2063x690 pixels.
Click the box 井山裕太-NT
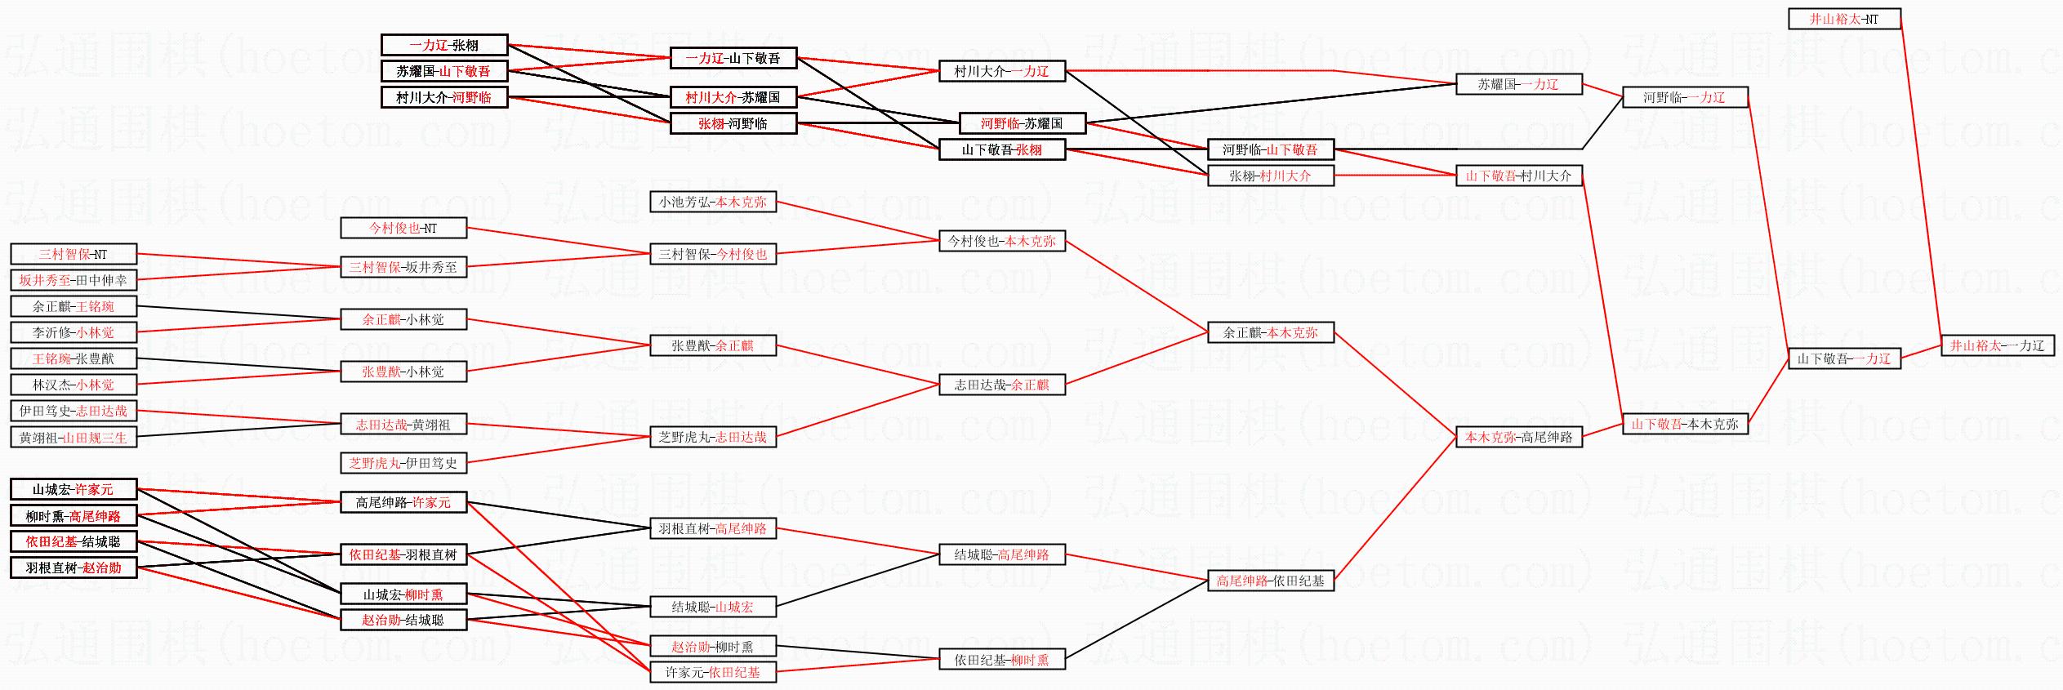[x=1844, y=19]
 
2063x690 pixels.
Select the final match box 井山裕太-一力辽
[x=1997, y=345]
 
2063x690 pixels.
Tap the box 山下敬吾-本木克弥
[x=1685, y=424]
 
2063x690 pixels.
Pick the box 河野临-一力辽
[x=1685, y=97]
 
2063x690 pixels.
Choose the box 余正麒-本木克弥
[x=1271, y=332]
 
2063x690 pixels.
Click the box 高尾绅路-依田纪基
[x=1271, y=581]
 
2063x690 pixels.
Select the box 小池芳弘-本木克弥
[x=713, y=202]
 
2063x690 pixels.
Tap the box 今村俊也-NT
[x=403, y=228]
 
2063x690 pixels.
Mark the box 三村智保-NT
[x=74, y=254]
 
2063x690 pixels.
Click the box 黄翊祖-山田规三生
[x=74, y=438]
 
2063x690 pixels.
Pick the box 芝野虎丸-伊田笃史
[x=403, y=463]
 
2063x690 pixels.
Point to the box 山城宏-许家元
[x=74, y=489]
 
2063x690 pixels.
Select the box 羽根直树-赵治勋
[x=74, y=568]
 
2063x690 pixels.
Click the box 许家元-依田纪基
[x=713, y=672]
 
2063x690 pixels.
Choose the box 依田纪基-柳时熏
[x=1002, y=659]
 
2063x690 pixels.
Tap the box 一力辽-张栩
[x=444, y=45]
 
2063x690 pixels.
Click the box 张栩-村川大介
[x=1271, y=176]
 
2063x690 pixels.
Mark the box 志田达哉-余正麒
[x=1002, y=385]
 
